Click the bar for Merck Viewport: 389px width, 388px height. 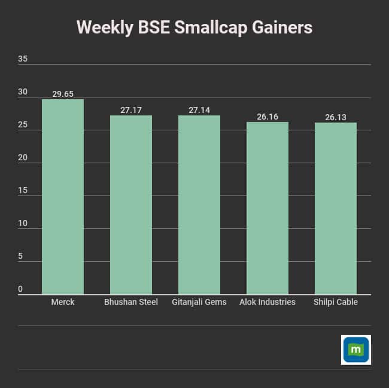[63, 197]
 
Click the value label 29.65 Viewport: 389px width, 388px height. [63, 94]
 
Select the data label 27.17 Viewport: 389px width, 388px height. [131, 110]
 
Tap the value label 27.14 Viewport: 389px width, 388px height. [199, 110]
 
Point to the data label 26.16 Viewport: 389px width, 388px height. [268, 117]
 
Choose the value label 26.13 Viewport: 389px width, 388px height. [336, 117]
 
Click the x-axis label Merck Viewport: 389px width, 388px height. [63, 302]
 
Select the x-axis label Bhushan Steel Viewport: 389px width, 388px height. [131, 302]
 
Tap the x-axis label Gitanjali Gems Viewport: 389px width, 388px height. [199, 302]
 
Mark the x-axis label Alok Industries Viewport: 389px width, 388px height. [268, 302]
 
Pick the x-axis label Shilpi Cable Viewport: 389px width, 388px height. [336, 302]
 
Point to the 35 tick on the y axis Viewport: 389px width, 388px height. [23, 59]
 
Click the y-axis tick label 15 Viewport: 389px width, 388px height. [23, 191]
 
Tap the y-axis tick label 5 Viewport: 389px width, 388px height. [20, 256]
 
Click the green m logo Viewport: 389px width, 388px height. [356, 350]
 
